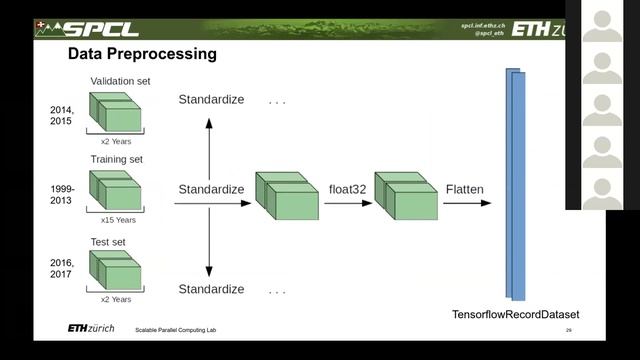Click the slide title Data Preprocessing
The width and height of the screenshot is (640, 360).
pos(141,54)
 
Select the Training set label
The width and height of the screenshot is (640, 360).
pos(116,159)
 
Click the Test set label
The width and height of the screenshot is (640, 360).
pos(108,241)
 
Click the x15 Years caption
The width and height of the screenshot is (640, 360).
pos(119,220)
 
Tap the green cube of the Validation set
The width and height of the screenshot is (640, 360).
pos(118,113)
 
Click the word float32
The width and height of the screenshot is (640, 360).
pos(349,189)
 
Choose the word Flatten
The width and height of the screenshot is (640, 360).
pos(466,189)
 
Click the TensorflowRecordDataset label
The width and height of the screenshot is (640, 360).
pos(516,315)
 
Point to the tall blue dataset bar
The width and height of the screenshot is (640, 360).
pos(516,185)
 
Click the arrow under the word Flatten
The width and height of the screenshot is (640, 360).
pos(467,203)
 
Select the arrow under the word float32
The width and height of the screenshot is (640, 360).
pos(348,203)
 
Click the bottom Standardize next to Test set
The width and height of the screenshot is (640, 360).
pos(211,289)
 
